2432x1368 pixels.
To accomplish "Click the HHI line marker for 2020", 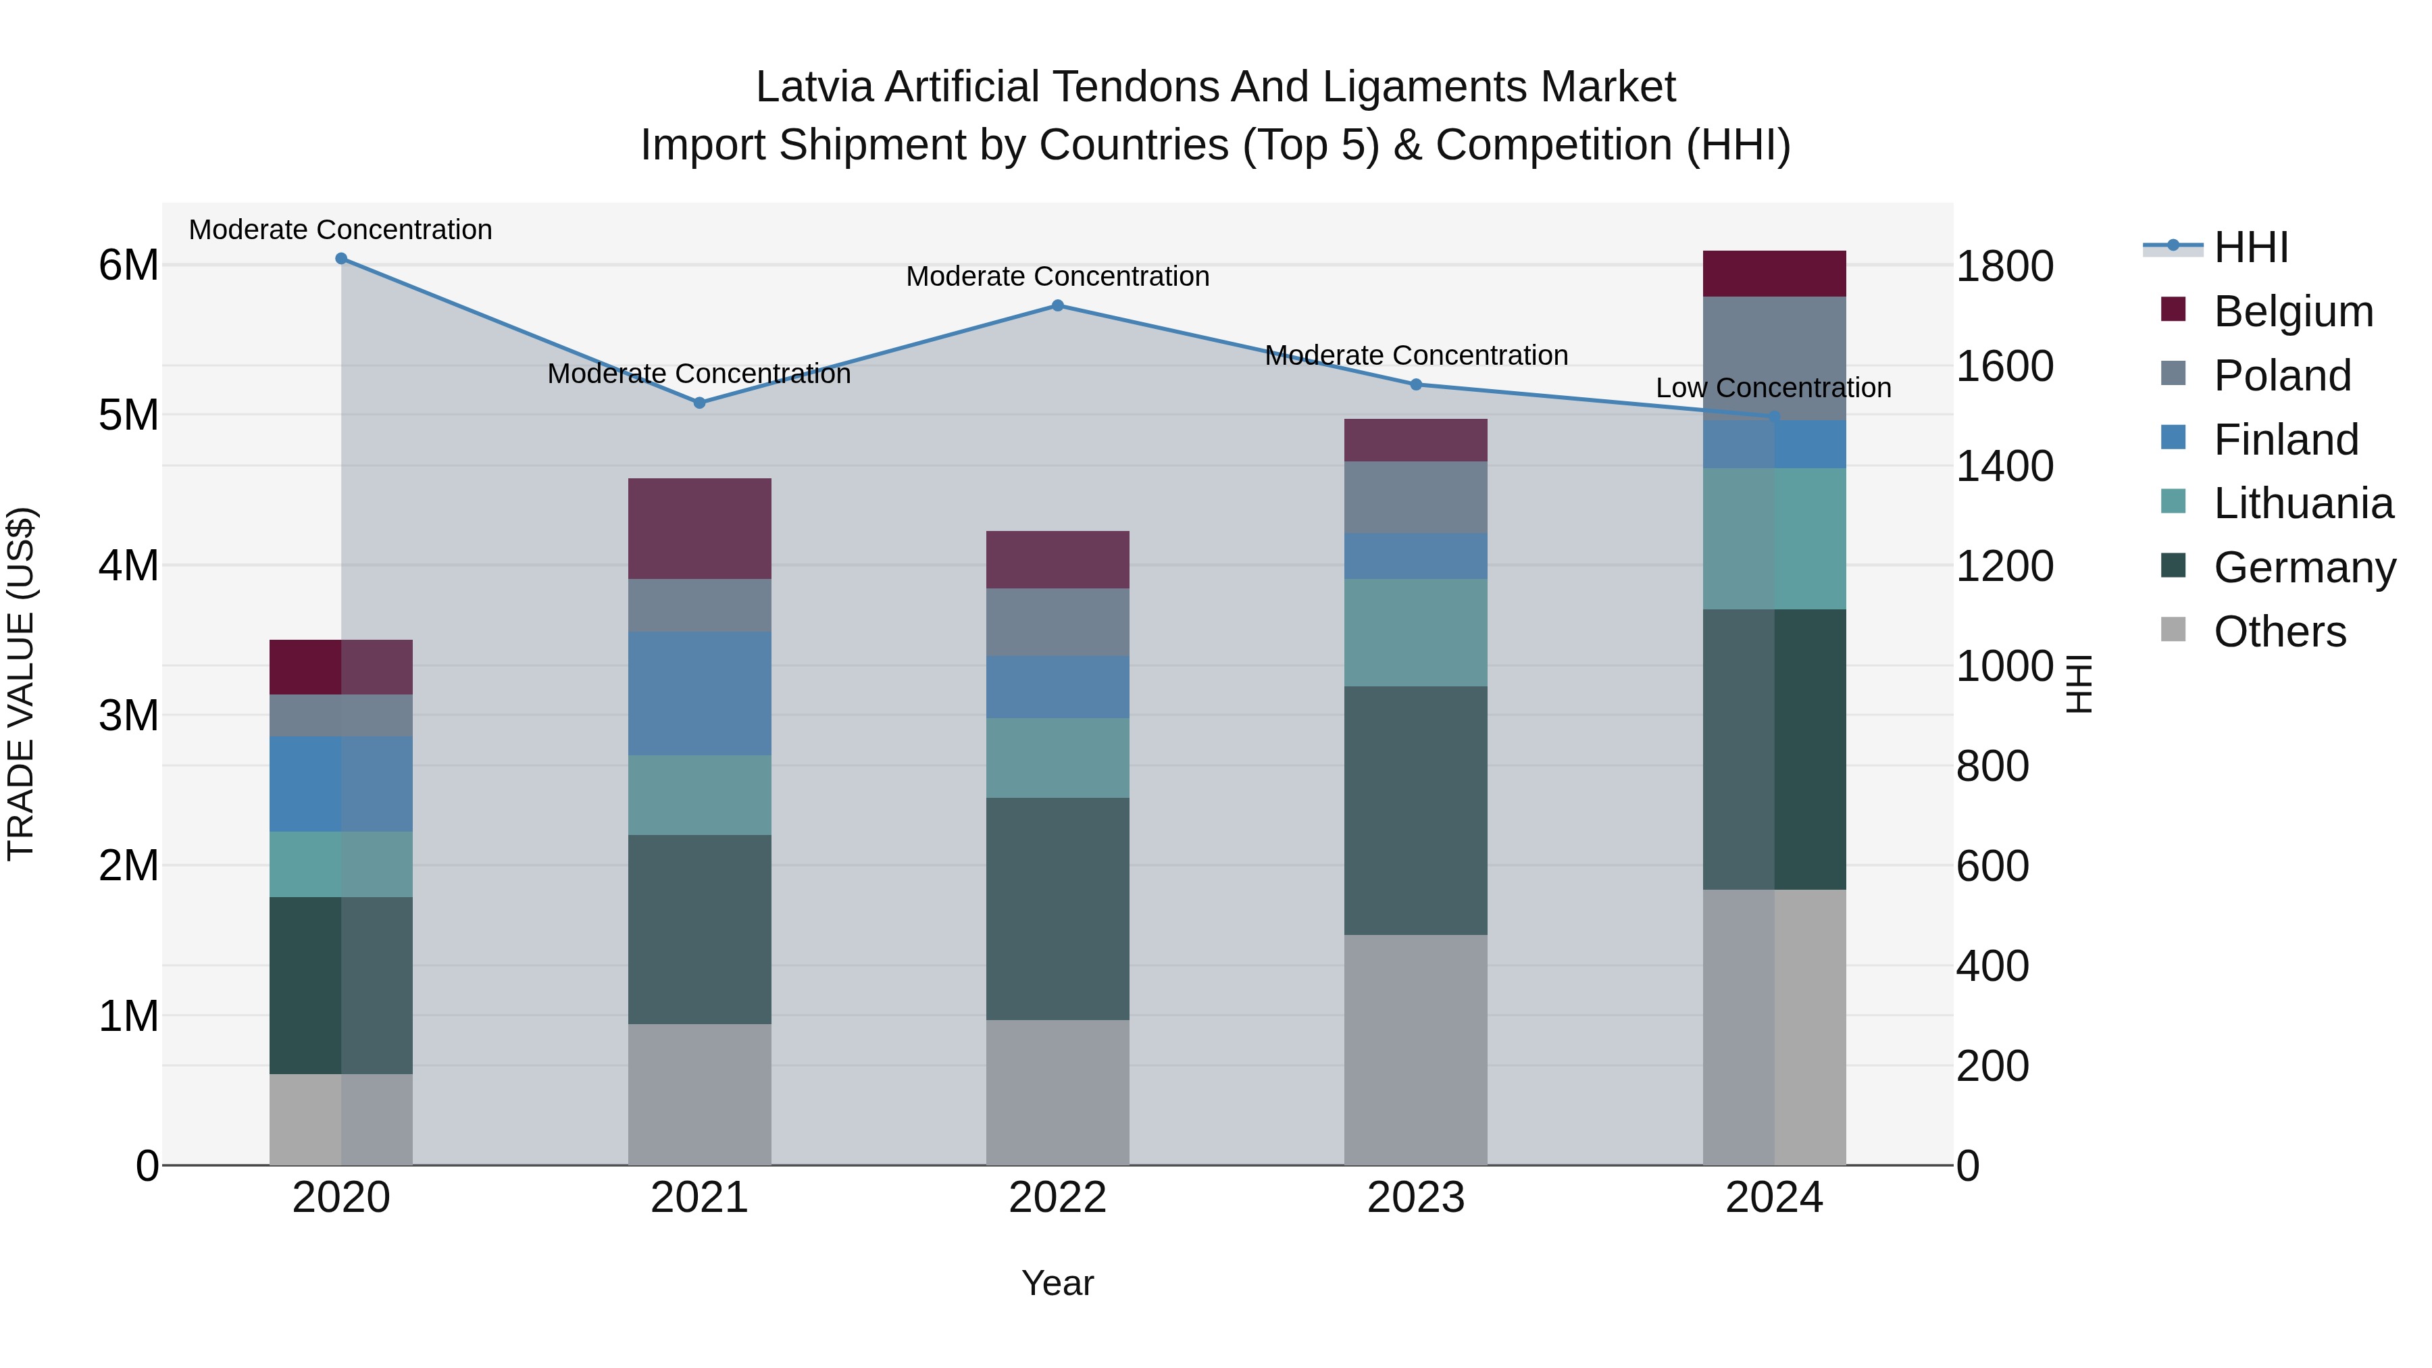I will click(341, 259).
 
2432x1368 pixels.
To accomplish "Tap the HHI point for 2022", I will click(1057, 306).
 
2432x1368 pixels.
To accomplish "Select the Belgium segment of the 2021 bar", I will click(700, 529).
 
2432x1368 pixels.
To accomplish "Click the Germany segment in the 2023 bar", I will click(1415, 810).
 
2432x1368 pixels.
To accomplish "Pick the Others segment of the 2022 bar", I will click(1057, 1092).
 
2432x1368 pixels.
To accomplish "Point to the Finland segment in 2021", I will click(700, 693).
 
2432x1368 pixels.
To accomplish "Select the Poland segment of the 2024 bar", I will click(1774, 359).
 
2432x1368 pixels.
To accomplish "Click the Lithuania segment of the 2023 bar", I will click(1415, 632).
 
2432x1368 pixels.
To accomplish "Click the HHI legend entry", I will click(2251, 247).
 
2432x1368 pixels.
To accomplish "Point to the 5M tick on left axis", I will click(128, 415).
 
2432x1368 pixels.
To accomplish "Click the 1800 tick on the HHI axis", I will click(2004, 266).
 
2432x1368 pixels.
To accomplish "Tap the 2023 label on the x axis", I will click(1415, 1198).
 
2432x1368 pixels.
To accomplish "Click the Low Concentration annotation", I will click(1773, 388).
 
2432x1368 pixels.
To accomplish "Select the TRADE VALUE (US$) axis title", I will click(21, 684).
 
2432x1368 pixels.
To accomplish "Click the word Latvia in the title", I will click(814, 87).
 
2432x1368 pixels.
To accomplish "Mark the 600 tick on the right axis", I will click(1992, 866).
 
